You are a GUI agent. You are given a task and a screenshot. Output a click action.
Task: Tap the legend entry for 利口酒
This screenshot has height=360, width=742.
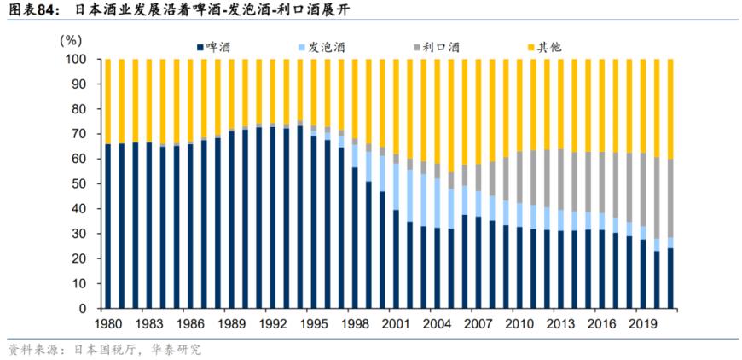(x=440, y=46)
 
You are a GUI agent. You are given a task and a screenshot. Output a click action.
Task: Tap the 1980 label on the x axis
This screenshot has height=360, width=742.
(x=107, y=324)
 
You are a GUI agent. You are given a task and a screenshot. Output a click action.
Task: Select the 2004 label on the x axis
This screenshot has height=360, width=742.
(x=438, y=324)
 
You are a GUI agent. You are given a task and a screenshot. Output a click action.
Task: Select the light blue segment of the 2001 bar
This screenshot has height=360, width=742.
(x=396, y=187)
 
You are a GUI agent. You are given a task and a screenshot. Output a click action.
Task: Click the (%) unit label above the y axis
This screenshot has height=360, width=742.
(x=72, y=39)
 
